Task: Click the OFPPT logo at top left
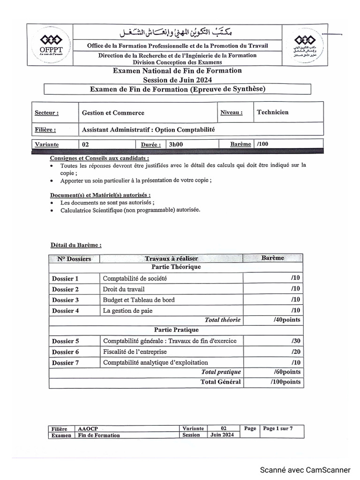[x=49, y=45]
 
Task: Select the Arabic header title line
[x=176, y=32]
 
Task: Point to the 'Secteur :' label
[x=46, y=113]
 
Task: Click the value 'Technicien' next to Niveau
[x=273, y=112]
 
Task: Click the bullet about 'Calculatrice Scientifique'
[x=130, y=210]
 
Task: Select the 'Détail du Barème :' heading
[x=75, y=245]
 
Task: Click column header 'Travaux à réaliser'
[x=171, y=258]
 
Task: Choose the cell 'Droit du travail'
[x=124, y=289]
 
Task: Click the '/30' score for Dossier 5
[x=295, y=341]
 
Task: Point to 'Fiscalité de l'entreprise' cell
[x=135, y=352]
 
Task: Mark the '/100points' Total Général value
[x=285, y=382]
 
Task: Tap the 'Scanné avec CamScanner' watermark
[x=305, y=470]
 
